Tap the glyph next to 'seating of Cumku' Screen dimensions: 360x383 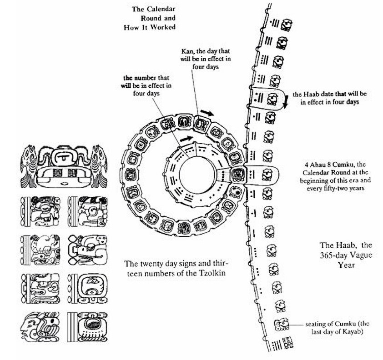[281, 324]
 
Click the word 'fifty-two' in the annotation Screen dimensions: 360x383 [327, 188]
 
